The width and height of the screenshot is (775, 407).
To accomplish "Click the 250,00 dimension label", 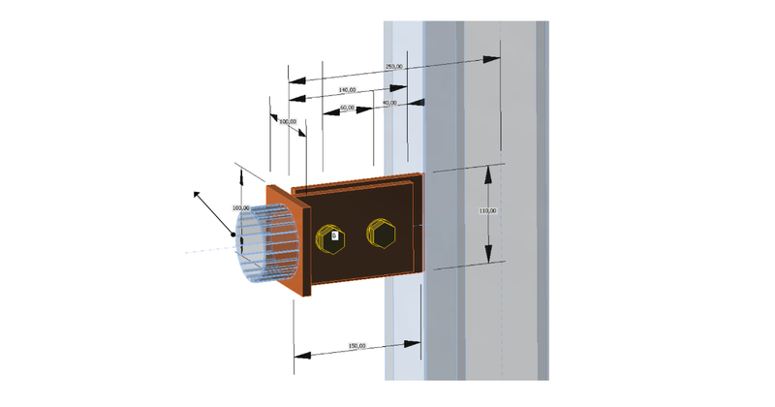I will (394, 67).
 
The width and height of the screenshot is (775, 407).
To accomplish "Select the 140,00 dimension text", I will (347, 90).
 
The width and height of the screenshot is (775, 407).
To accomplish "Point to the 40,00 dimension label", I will (389, 103).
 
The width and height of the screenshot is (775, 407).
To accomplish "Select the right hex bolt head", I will (381, 233).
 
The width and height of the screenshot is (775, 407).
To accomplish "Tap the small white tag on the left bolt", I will (335, 235).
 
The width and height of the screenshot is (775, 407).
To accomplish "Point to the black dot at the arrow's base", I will (232, 235).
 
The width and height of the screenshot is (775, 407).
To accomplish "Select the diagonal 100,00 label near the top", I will (288, 122).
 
